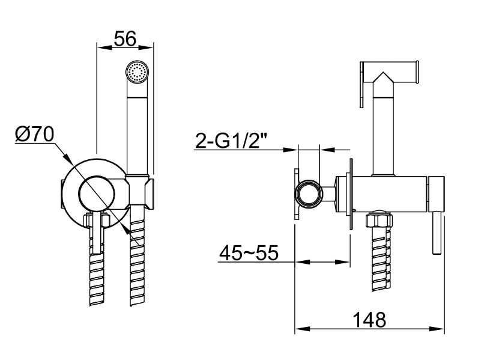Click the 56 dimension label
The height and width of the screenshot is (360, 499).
(125, 38)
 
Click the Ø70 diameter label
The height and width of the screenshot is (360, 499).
(35, 134)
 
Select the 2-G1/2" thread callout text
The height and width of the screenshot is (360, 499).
(231, 141)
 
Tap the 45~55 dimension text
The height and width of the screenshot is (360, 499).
(249, 253)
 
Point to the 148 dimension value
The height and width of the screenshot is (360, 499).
(369, 320)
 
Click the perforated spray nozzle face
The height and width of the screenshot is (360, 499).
(138, 72)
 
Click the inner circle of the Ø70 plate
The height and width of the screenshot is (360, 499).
(97, 193)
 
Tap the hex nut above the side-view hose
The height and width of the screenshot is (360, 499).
(378, 220)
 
